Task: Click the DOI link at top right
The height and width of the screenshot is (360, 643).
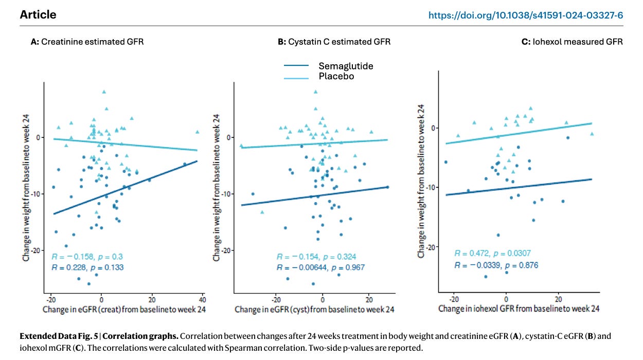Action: (x=526, y=15)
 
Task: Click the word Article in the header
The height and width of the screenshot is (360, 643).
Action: (x=38, y=15)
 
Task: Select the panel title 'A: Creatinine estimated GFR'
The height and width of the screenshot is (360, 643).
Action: (x=87, y=42)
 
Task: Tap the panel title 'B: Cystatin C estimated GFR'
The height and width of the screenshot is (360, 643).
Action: (x=334, y=42)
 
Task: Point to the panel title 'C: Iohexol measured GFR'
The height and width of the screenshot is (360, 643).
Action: (x=572, y=42)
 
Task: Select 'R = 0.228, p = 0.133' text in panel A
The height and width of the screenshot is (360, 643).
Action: (x=87, y=267)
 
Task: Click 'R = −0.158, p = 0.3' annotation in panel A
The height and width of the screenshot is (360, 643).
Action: (x=87, y=257)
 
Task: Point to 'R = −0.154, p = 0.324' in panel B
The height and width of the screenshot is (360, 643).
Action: (x=316, y=257)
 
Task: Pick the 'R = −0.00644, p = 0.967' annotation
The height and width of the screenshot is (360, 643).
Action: (x=320, y=267)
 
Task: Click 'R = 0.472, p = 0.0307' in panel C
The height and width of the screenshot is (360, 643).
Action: (x=492, y=253)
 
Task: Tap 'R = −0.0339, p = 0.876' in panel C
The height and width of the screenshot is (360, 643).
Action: (x=496, y=265)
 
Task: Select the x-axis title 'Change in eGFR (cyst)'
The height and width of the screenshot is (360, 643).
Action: (x=314, y=310)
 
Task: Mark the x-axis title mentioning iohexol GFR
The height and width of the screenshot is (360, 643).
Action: (x=519, y=309)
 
